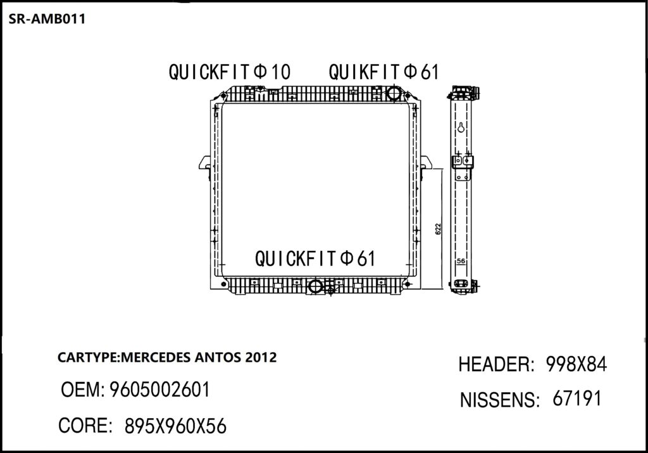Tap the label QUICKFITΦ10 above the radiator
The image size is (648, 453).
click(x=229, y=72)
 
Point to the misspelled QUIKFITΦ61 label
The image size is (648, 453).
click(x=383, y=72)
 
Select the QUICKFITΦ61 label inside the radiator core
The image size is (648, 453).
click(x=315, y=258)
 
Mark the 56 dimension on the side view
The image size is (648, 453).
click(x=461, y=260)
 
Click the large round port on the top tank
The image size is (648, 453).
click(x=394, y=93)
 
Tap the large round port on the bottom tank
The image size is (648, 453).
click(x=315, y=286)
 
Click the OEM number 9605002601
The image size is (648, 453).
click(x=159, y=390)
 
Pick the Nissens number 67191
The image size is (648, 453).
click(x=576, y=399)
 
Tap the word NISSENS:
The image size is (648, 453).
click(x=499, y=400)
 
